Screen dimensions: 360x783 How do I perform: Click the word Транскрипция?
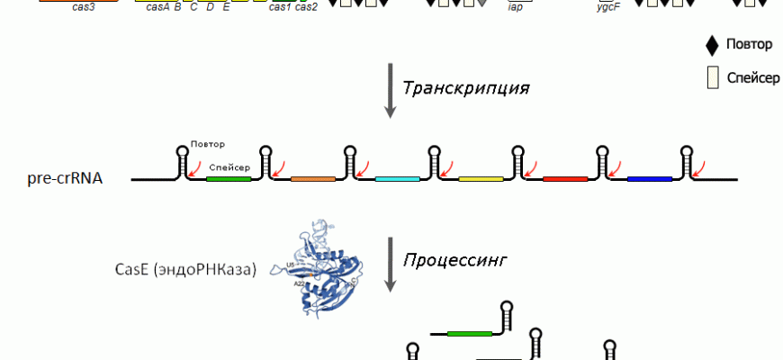[x=464, y=88]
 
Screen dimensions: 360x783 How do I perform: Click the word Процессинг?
[x=454, y=260]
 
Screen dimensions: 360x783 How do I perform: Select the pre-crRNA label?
[x=65, y=178]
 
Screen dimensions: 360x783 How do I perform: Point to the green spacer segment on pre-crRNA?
[x=229, y=178]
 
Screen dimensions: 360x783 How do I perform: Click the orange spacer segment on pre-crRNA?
[x=313, y=178]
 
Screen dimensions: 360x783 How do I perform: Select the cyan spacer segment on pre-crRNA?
[x=397, y=178]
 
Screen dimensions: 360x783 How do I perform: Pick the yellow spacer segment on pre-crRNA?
[x=481, y=178]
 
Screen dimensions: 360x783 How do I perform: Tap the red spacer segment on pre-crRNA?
[x=565, y=178]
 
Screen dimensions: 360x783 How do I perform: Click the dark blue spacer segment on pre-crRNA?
[x=650, y=178]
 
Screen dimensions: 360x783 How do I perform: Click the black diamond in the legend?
[x=713, y=44]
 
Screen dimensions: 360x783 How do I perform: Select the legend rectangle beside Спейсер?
[x=713, y=77]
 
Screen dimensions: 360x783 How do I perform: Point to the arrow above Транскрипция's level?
[x=390, y=90]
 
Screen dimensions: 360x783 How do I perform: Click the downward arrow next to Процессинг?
[x=390, y=264]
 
